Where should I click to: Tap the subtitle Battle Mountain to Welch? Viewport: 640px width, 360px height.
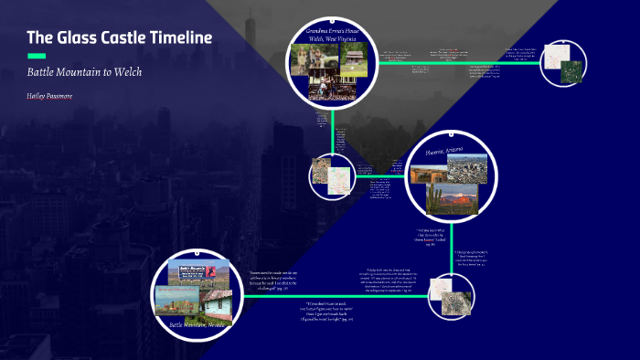(x=84, y=71)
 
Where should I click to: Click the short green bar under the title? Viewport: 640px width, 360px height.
(x=37, y=56)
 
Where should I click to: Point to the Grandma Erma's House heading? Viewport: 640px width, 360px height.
(x=333, y=32)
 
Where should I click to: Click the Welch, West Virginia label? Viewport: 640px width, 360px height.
(x=333, y=40)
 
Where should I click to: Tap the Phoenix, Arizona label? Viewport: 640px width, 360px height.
(x=443, y=149)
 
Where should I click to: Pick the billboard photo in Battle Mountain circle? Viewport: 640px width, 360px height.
(x=192, y=270)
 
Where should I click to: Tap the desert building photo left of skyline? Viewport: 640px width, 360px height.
(x=428, y=173)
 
